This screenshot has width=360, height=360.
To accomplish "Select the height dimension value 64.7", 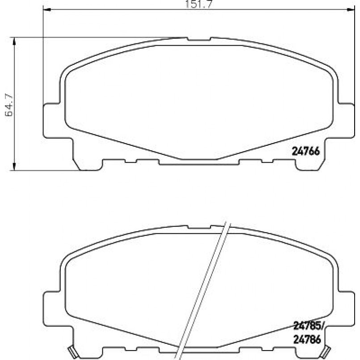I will pos(9,104).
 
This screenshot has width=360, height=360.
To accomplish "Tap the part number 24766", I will pos(305,151).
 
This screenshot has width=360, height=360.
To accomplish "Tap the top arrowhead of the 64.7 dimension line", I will pos(16,40).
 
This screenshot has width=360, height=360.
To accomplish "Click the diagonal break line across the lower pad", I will pos(203,291).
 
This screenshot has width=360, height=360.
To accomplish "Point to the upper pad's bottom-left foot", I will pos(87,165).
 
